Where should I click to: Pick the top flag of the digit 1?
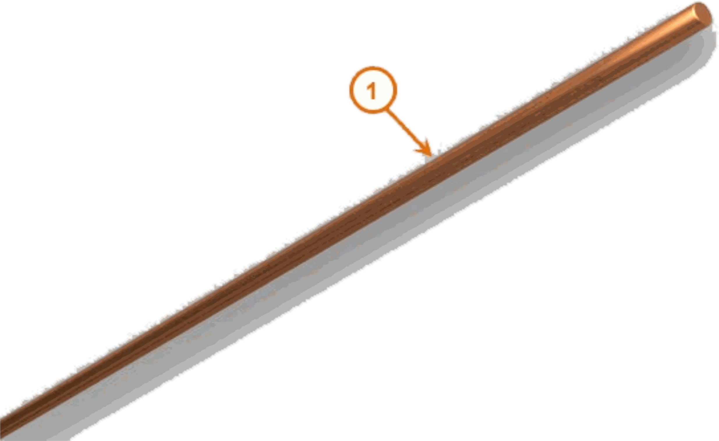(369, 86)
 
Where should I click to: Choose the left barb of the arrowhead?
(416, 151)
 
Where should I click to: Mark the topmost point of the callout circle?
(373, 67)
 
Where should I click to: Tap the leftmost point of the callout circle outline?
(350, 90)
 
